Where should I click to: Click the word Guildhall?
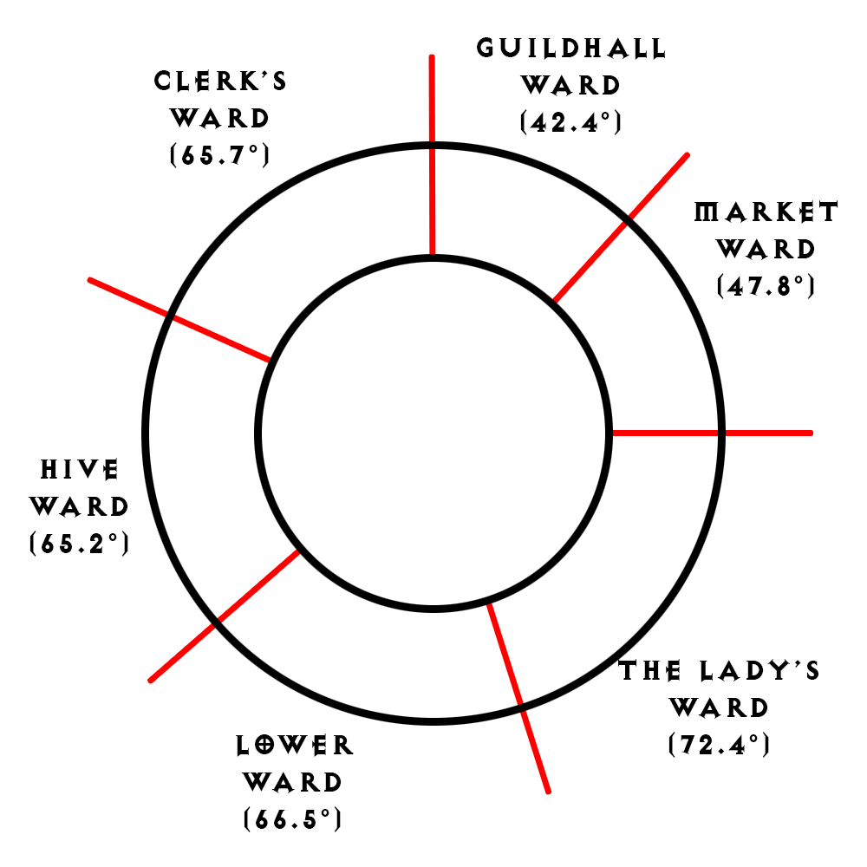click(571, 48)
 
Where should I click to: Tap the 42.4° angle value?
click(571, 122)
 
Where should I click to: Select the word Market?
click(766, 212)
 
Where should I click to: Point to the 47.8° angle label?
click(766, 286)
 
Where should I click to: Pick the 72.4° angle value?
click(719, 745)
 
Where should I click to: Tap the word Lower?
click(295, 746)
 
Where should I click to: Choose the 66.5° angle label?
click(292, 819)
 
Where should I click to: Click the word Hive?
click(80, 471)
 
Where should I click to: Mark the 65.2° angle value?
click(80, 544)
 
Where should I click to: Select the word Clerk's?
click(220, 81)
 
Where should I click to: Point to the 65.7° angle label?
click(220, 156)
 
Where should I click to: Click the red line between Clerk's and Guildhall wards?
click(432, 156)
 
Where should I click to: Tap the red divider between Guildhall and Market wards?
click(621, 227)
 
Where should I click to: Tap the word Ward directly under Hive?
click(80, 507)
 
